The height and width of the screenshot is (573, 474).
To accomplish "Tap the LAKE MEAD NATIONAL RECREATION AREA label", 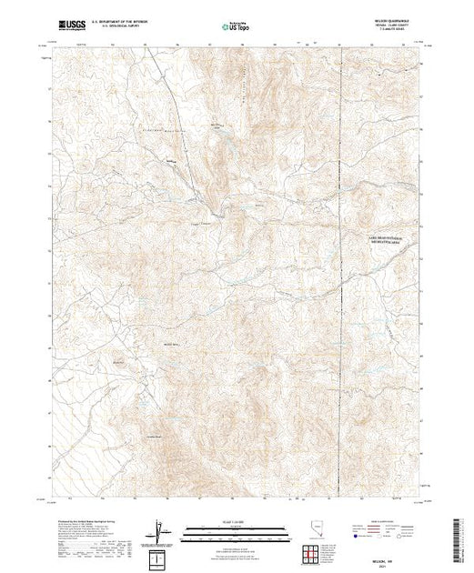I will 388,239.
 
